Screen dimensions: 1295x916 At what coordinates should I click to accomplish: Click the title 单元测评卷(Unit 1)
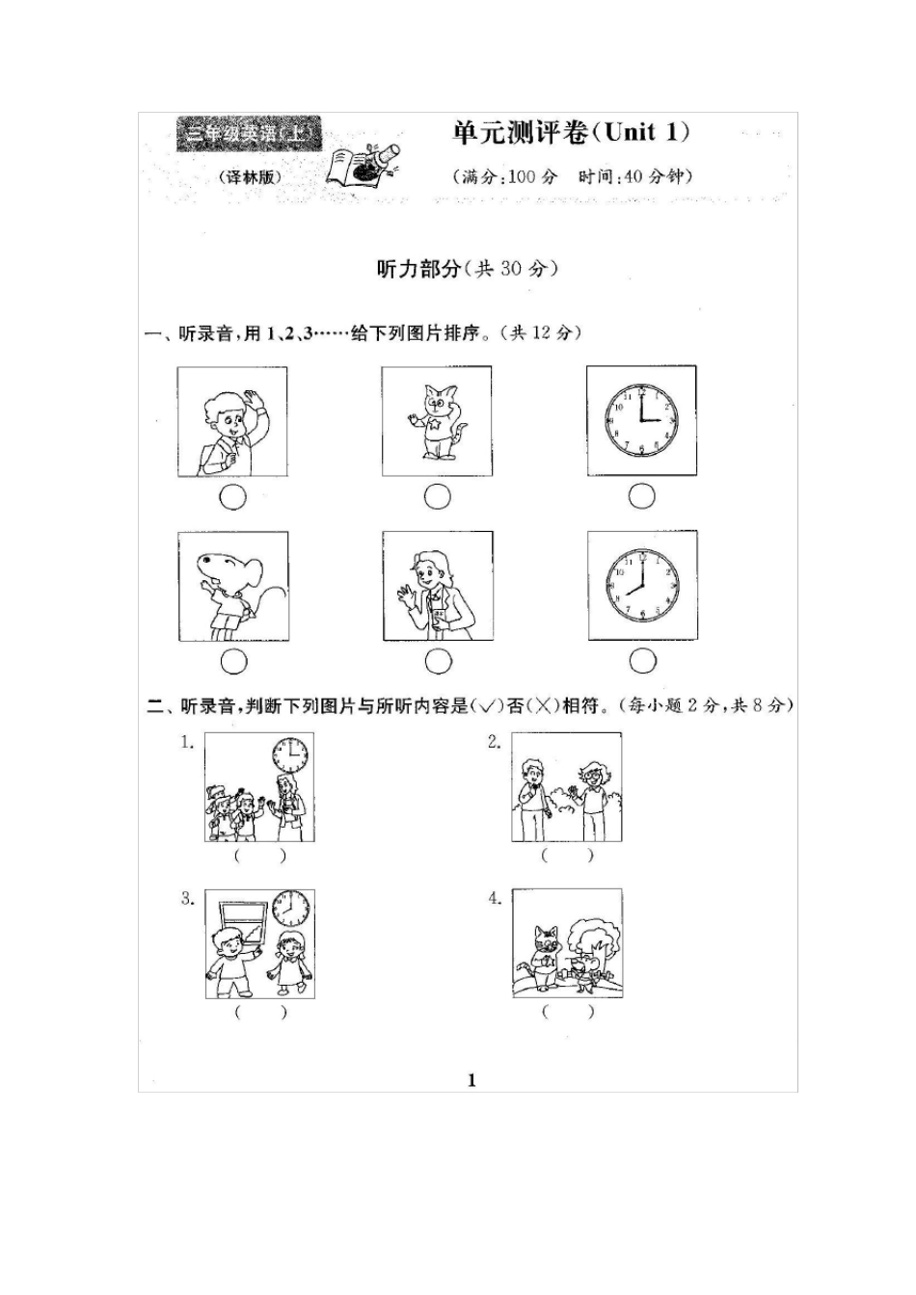point(572,133)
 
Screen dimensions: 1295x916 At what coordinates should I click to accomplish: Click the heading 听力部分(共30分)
point(467,269)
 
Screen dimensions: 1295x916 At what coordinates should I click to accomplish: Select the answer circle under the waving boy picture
point(232,497)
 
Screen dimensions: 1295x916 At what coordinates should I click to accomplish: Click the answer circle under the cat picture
point(438,497)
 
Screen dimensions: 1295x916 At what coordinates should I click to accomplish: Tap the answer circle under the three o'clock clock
point(642,496)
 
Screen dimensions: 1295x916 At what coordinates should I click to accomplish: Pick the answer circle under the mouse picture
point(233,661)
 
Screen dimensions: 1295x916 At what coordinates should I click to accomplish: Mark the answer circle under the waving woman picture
point(438,661)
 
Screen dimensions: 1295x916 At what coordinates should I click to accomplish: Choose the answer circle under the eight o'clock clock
point(642,661)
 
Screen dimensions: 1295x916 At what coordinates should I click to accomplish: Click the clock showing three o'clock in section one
point(641,421)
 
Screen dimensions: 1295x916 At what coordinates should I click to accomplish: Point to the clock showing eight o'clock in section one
point(641,586)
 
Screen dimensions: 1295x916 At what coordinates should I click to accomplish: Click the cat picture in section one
point(437,421)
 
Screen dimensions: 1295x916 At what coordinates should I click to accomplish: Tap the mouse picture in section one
point(232,586)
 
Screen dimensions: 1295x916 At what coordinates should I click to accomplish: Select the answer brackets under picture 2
point(567,855)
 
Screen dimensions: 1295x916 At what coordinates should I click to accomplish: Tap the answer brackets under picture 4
point(567,1012)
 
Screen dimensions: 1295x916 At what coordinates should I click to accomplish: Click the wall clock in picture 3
point(291,908)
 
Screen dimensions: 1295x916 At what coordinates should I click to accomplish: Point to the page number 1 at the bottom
point(471,1080)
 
